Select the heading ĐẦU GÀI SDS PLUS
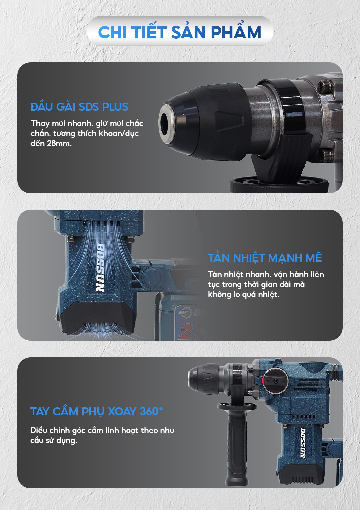pyautogui.click(x=79, y=107)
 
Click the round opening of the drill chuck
pyautogui.click(x=164, y=125)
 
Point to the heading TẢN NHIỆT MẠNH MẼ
pyautogui.click(x=265, y=258)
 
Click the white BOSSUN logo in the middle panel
pyautogui.click(x=100, y=268)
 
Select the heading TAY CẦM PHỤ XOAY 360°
pyautogui.click(x=97, y=411)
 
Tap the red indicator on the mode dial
pyautogui.click(x=263, y=380)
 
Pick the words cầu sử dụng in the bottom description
pyautogui.click(x=54, y=440)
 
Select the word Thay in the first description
pyautogui.click(x=40, y=124)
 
